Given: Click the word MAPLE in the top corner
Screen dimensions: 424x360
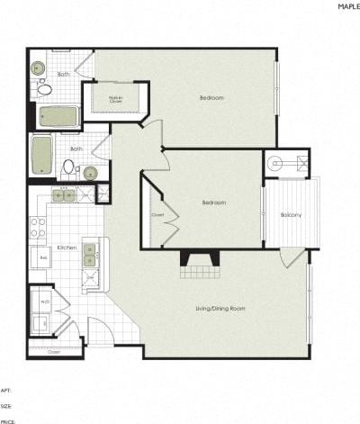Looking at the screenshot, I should tap(348, 5).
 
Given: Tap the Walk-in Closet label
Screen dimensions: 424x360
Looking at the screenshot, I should tap(116, 98).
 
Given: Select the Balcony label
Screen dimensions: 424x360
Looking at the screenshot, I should tap(291, 214).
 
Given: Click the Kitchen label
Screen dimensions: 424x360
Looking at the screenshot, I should tap(67, 247).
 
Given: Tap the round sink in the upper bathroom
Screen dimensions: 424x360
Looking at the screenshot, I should tap(39, 68).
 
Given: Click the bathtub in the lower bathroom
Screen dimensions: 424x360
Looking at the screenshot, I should tap(41, 154).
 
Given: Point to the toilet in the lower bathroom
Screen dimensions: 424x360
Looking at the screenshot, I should tap(68, 167).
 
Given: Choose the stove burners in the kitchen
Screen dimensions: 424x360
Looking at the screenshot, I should tap(39, 227).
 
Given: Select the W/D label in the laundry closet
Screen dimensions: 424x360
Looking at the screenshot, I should tap(44, 302).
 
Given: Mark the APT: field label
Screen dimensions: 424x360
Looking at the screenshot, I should tap(6, 390).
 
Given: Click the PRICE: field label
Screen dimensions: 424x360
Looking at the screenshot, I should tap(8, 420).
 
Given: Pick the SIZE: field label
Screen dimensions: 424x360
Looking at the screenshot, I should tap(6, 405).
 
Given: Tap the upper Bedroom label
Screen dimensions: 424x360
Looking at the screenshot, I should tap(212, 97).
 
